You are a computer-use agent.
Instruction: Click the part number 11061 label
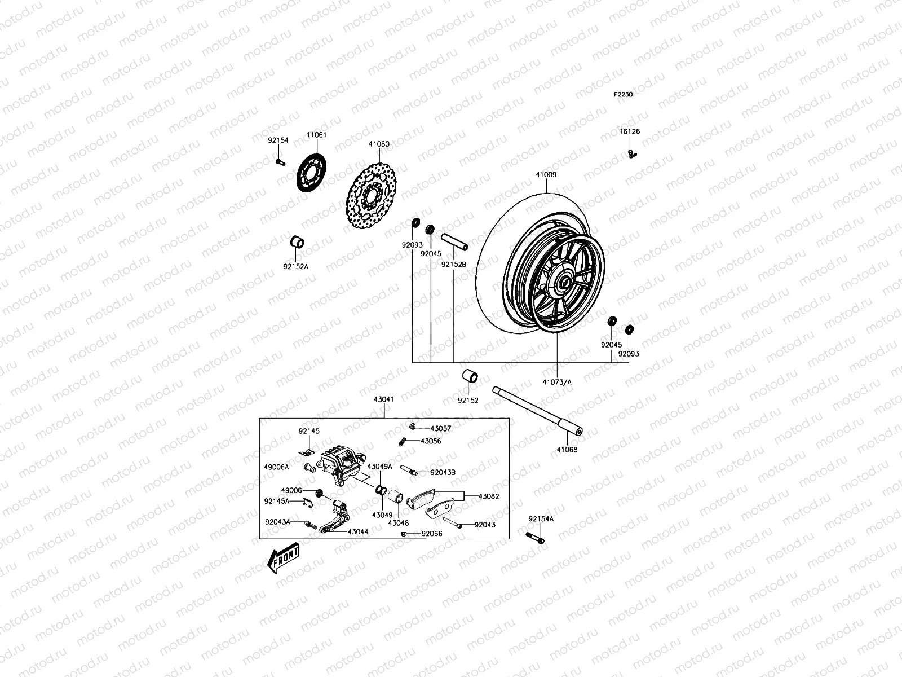click(316, 135)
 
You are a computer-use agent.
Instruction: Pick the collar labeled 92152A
click(297, 243)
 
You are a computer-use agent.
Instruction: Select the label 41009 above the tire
click(546, 175)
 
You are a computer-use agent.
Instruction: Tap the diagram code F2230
click(624, 95)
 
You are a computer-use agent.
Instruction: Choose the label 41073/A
click(557, 382)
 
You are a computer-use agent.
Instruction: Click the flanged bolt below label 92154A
click(535, 537)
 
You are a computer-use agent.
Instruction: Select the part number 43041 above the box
click(383, 399)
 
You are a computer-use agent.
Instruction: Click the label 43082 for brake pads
click(489, 496)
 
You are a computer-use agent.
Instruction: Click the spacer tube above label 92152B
click(455, 241)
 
